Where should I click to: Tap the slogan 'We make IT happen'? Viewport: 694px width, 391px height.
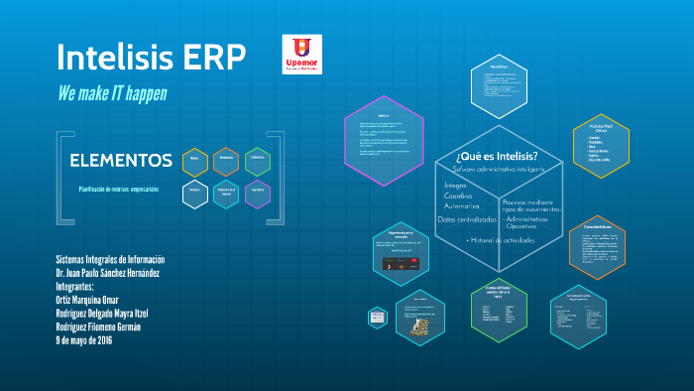coord(112,93)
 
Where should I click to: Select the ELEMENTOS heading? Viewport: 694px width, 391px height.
coord(121,160)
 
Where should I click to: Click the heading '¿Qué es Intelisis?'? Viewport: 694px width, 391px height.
coord(497,156)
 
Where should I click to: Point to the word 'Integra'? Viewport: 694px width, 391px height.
coord(455,186)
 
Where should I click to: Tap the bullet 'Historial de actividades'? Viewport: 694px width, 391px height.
coord(501,240)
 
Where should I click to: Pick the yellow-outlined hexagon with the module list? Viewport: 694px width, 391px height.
coord(602,149)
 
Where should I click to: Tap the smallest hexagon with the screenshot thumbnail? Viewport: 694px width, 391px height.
coord(378,318)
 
